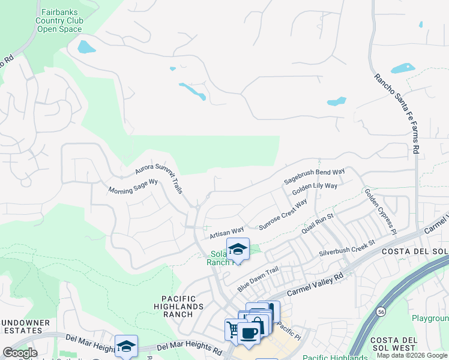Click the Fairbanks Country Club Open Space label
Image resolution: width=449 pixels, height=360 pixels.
pos(59,20)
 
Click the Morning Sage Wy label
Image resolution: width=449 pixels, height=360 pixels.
pos(133,187)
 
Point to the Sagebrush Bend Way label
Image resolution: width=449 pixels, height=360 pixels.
pos(314,176)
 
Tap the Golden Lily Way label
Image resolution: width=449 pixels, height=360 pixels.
pos(314,190)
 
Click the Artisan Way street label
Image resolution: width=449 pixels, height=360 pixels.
pos(226,230)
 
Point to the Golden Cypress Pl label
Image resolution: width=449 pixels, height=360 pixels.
pos(381,211)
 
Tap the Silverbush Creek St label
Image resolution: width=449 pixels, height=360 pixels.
pos(346,248)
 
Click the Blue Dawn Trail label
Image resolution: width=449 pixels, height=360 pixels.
pos(258,279)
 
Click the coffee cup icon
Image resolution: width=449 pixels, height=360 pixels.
pos(249,333)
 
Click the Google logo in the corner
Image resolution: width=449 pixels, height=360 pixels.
pos(20,353)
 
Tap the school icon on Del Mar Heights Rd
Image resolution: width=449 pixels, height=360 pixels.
pos(126,346)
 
